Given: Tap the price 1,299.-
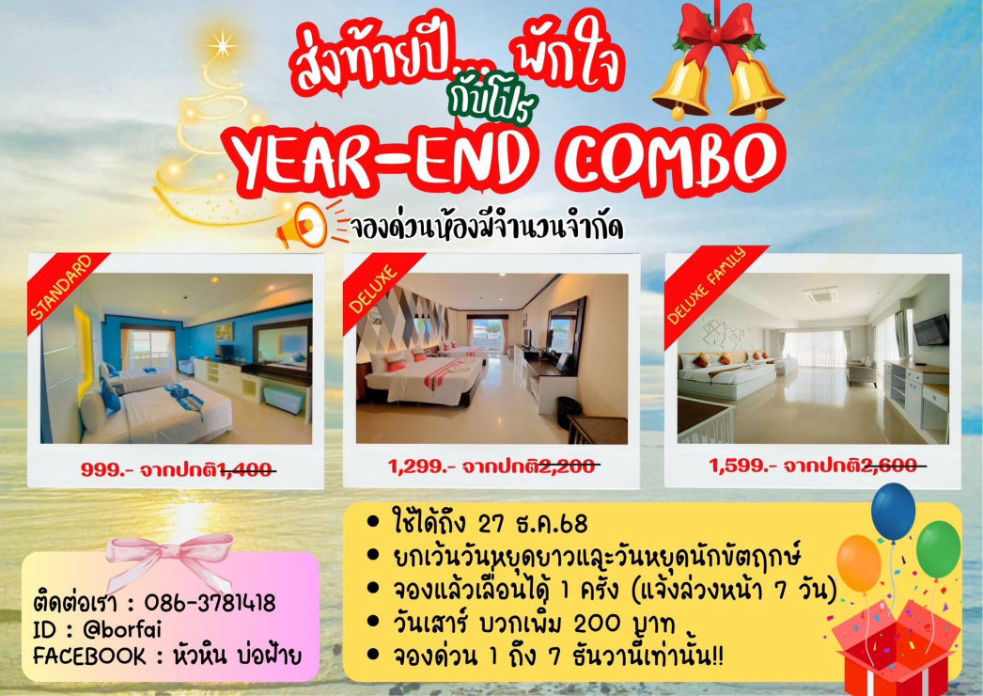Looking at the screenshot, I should pyautogui.click(x=421, y=465).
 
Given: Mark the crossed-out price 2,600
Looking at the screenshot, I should pyautogui.click(x=893, y=465).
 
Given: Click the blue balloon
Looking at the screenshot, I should pyautogui.click(x=893, y=511).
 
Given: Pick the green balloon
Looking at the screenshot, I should pyautogui.click(x=938, y=548).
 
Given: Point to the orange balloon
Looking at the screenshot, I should pyautogui.click(x=859, y=562).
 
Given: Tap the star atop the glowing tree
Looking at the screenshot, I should pyautogui.click(x=224, y=42).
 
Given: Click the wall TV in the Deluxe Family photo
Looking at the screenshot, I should pyautogui.click(x=930, y=330).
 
